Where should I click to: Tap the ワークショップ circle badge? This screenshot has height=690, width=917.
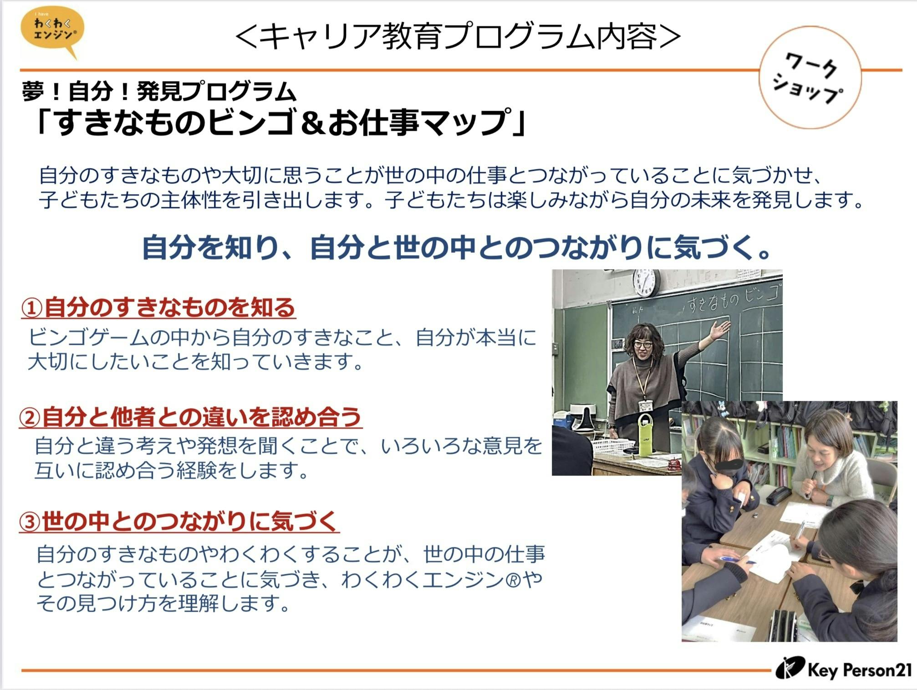810,78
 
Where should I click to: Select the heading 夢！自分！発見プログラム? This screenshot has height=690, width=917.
159,91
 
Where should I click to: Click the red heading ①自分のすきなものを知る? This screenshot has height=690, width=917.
158,307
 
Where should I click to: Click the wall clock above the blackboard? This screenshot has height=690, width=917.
646,282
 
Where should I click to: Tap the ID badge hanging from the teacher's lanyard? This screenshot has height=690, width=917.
645,405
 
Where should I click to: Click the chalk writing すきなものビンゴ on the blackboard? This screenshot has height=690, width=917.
733,298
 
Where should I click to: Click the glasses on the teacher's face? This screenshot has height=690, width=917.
642,344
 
